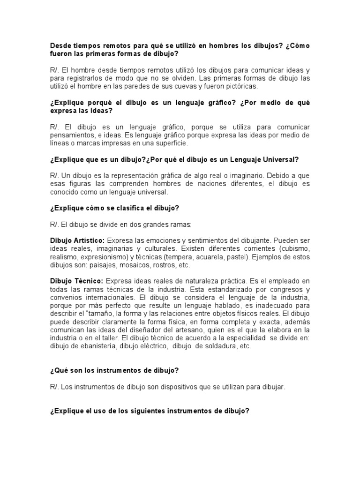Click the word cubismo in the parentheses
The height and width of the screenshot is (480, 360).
(294, 248)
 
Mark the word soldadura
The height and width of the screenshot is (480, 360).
(215, 346)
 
